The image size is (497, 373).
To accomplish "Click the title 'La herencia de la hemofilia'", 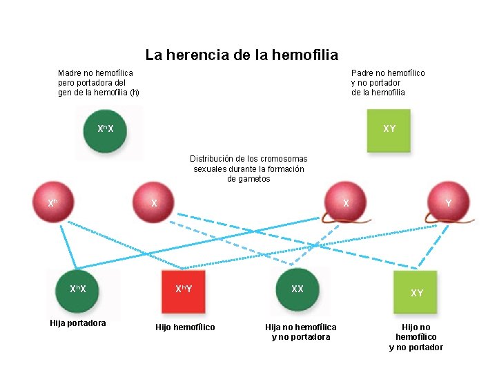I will pos(242,55).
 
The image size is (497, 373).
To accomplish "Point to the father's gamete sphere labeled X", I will pos(347,202).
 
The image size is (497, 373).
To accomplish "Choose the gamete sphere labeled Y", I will pos(447,202).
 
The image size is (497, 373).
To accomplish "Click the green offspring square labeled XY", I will pos(417,293).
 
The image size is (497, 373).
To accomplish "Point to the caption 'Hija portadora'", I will pos(78,323).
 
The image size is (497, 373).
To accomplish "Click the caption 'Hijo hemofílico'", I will pos(185,327).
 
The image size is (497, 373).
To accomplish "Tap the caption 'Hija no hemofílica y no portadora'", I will pos(301,332).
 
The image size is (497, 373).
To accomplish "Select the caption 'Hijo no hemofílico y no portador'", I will pos(416,337).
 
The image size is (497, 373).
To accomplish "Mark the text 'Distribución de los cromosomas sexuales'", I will pos(248,169).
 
